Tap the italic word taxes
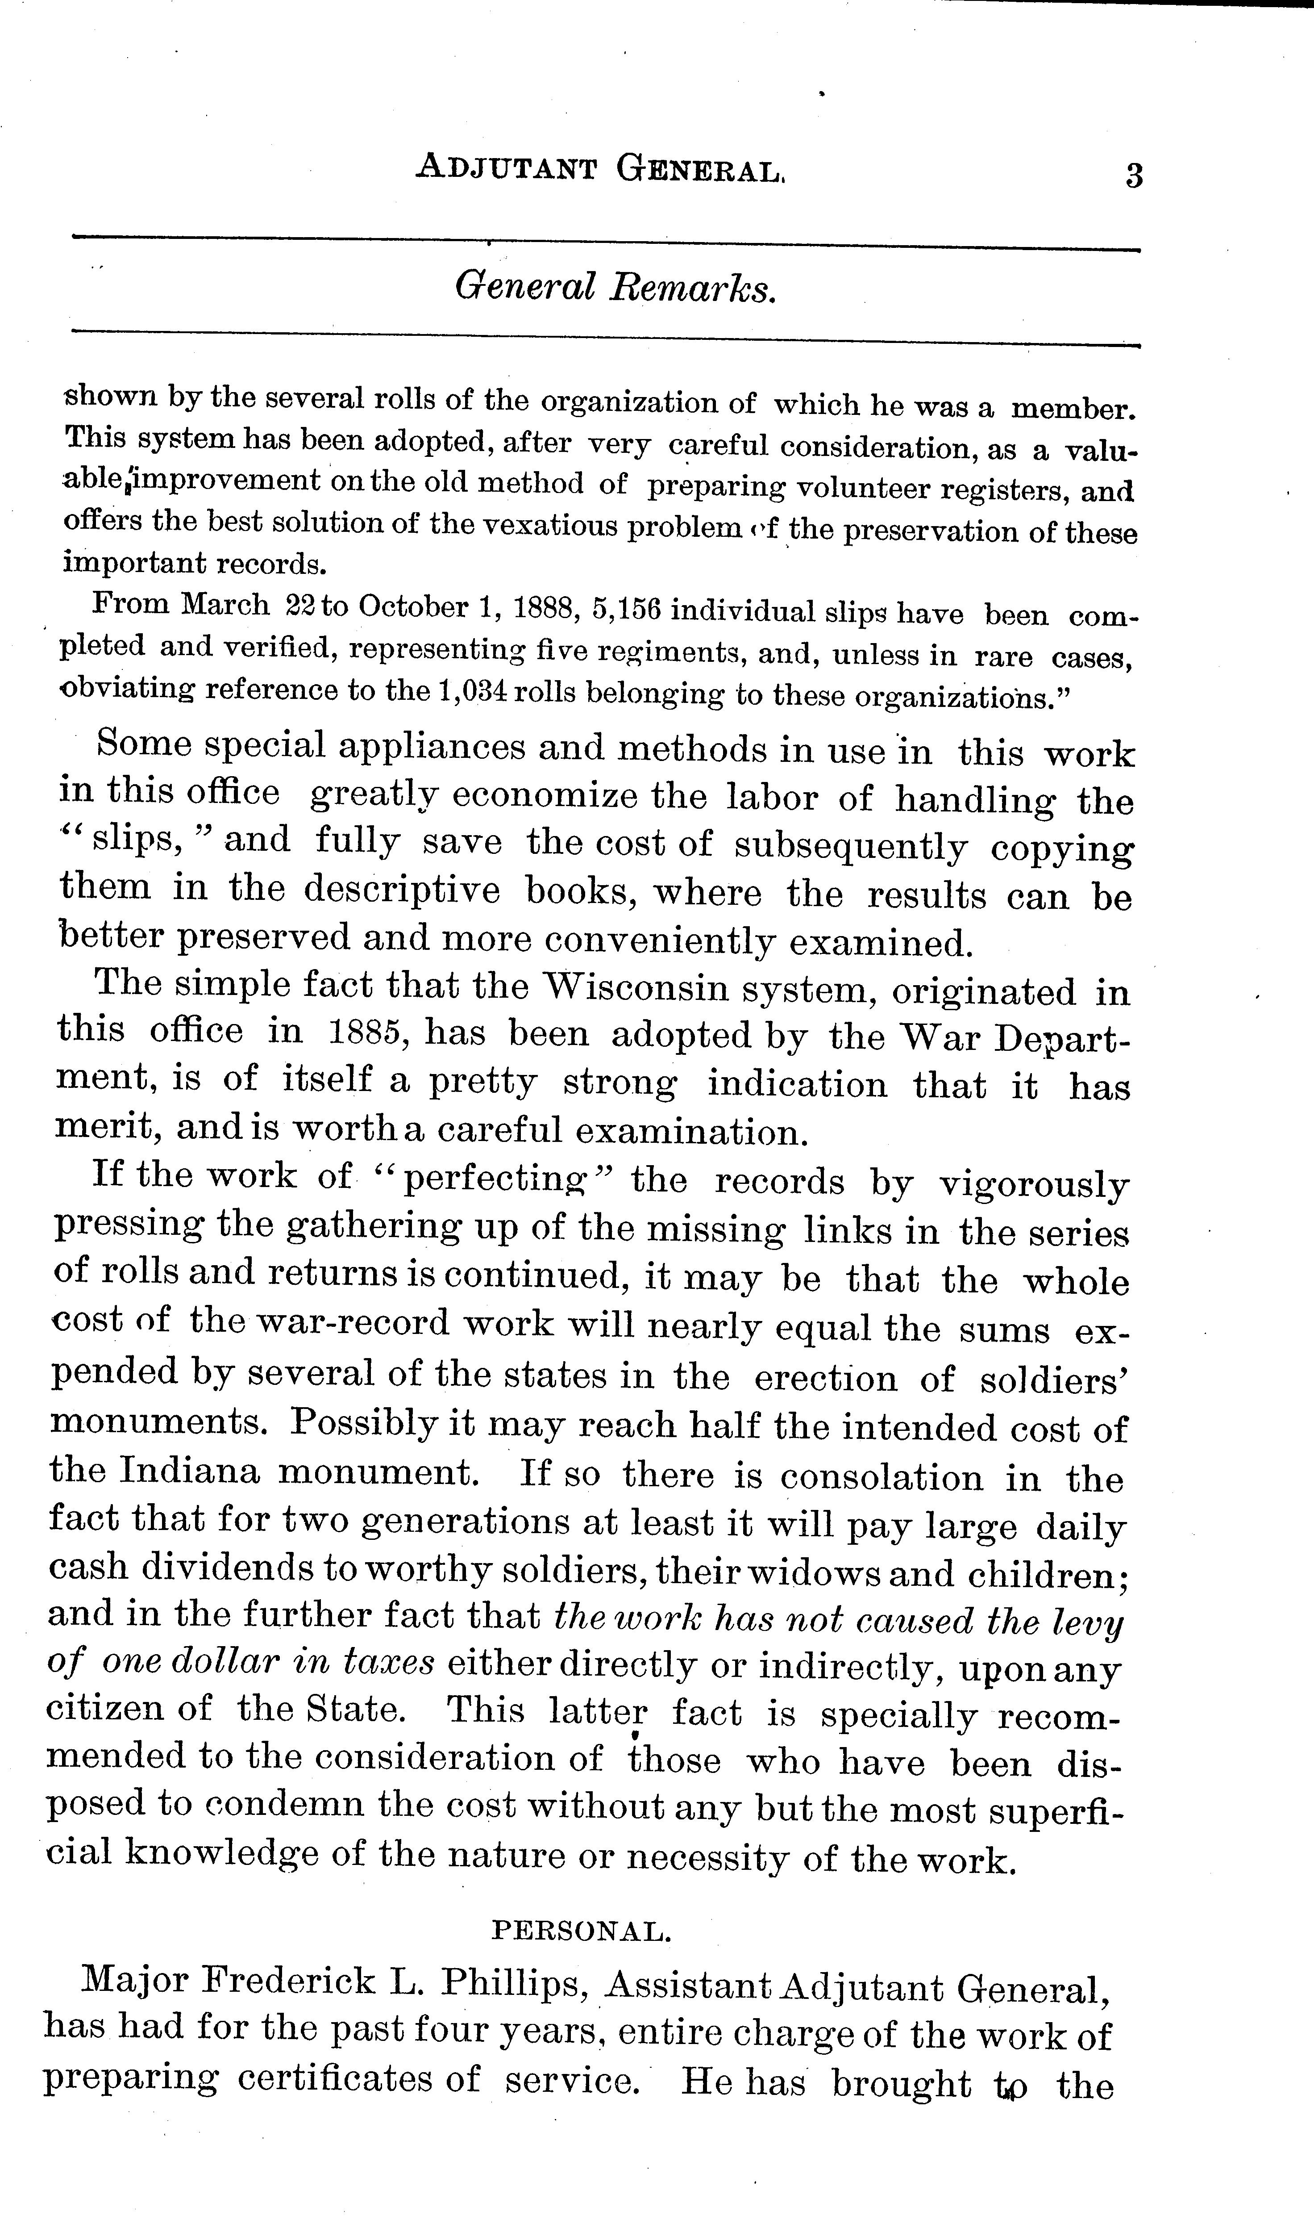[x=389, y=1663]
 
